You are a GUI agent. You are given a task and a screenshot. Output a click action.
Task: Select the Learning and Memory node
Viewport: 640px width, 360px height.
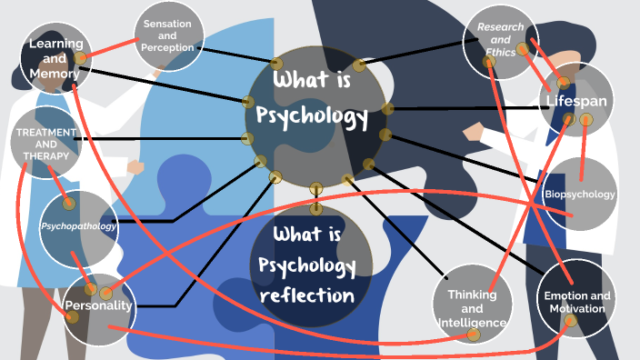tap(56, 58)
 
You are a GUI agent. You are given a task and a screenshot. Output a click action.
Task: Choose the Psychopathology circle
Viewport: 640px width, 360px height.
tap(79, 226)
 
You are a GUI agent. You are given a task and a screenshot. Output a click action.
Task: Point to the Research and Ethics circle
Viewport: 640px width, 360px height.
tap(501, 40)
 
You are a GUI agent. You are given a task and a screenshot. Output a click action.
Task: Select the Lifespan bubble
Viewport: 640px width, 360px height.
tap(575, 100)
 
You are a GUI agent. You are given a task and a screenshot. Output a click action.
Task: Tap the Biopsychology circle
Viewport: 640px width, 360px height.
tap(579, 195)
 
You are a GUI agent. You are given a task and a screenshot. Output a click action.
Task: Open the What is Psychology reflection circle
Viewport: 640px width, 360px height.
tap(312, 265)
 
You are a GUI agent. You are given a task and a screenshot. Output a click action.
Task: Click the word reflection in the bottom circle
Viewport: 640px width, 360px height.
tap(306, 295)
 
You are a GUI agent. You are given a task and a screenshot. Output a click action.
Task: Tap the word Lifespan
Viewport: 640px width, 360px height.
tap(575, 100)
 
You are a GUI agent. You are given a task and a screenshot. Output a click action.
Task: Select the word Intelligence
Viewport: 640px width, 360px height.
tap(471, 323)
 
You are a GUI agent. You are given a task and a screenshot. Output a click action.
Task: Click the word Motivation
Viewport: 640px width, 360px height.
tap(576, 310)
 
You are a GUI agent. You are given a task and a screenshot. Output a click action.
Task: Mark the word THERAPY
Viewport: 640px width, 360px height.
tap(45, 155)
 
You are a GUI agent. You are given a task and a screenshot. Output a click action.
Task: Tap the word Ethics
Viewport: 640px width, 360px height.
tap(501, 53)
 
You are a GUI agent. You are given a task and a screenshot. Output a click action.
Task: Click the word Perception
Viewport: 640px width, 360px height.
tap(168, 47)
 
